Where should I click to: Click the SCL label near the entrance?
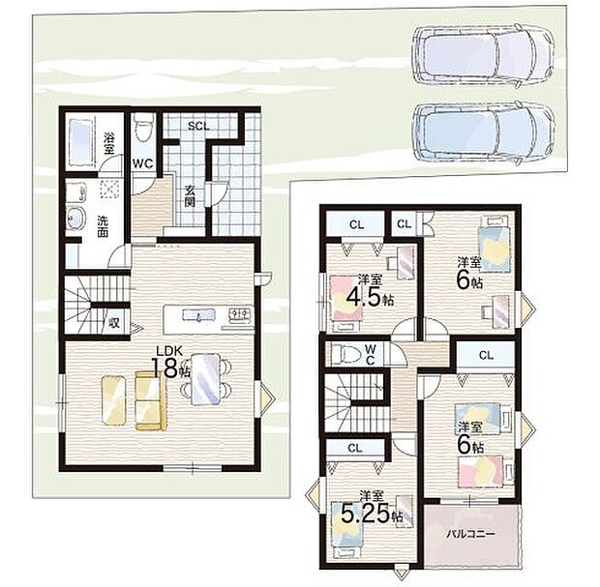pyautogui.click(x=198, y=126)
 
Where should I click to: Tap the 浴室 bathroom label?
pyautogui.click(x=108, y=143)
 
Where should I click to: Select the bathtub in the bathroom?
pyautogui.click(x=81, y=142)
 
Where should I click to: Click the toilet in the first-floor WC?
pyautogui.click(x=143, y=127)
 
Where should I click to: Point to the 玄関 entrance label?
pyautogui.click(x=190, y=195)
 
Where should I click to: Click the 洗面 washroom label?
pyautogui.click(x=103, y=226)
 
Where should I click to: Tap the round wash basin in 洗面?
pyautogui.click(x=75, y=218)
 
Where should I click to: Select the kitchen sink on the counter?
pyautogui.click(x=198, y=314)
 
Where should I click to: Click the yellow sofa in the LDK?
pyautogui.click(x=150, y=400)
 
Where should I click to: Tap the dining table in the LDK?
pyautogui.click(x=206, y=379)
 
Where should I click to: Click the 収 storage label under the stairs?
pyautogui.click(x=114, y=323)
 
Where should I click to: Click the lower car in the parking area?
pyautogui.click(x=484, y=132)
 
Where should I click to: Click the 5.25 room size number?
pyautogui.click(x=365, y=514)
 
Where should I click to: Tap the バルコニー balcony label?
pyautogui.click(x=471, y=534)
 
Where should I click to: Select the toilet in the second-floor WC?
pyautogui.click(x=345, y=355)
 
